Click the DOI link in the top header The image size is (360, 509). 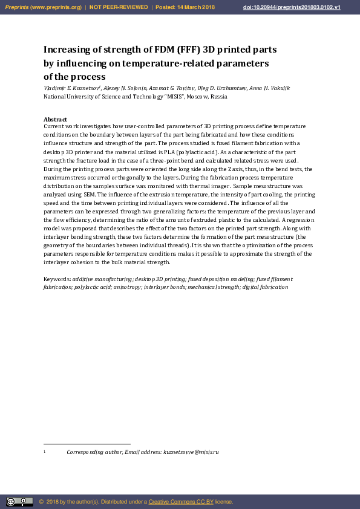point(300,7)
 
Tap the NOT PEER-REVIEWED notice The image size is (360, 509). point(119,7)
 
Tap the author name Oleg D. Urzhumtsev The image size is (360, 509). point(223,88)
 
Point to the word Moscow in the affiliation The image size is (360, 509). point(198,96)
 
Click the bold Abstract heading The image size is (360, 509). point(55,120)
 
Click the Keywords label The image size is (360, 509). point(57,279)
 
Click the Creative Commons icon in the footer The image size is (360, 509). point(19,502)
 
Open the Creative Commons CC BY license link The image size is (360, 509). point(181,502)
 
